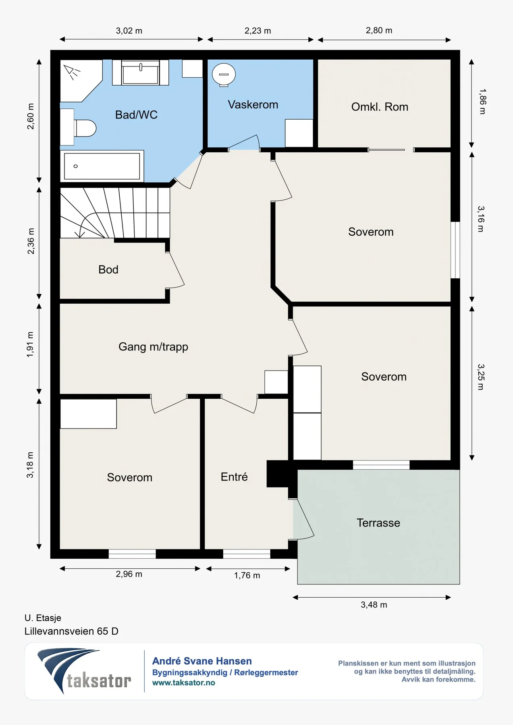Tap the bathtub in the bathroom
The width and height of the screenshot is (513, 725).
102,166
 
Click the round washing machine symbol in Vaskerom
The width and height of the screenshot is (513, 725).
224,75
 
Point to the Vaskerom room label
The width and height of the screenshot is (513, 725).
253,105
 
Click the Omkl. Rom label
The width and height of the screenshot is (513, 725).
380,107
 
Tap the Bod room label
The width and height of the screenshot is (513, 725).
108,269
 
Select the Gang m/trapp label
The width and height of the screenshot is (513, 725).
153,347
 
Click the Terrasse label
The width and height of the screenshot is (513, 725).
378,523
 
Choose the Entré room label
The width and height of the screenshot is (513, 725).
234,477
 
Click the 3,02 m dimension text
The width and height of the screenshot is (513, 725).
129,31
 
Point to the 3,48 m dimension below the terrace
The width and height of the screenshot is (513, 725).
374,605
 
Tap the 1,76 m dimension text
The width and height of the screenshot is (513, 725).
247,576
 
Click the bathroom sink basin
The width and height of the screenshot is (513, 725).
140,72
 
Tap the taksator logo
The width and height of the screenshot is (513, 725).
84,671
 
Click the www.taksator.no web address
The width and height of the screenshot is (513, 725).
184,683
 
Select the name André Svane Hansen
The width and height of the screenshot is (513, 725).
202,661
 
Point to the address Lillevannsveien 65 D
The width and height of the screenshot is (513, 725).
71,631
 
